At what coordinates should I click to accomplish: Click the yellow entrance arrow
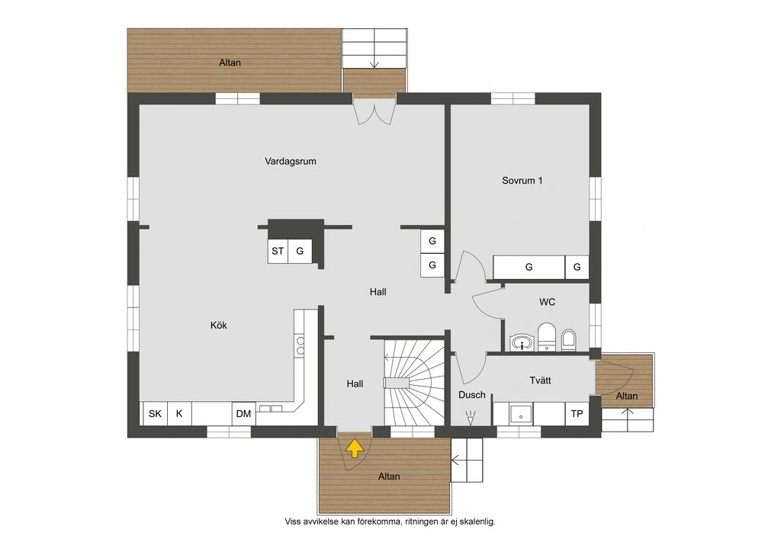point(354,448)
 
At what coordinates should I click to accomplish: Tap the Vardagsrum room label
point(291,162)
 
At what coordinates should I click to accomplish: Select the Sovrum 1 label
point(522,181)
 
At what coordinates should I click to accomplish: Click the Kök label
point(219,325)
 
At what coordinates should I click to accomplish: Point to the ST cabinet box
point(278,252)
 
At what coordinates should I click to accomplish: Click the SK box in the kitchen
point(155,413)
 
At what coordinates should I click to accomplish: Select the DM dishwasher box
point(243,413)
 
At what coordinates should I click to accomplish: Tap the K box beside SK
point(179,413)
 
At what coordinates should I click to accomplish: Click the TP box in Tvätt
point(577,414)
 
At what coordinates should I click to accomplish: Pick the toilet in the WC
point(546,337)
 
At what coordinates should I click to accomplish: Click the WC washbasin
point(522,342)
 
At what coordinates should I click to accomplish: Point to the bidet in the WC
point(568,340)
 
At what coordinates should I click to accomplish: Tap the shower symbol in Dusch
point(470,417)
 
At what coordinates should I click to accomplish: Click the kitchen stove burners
point(301,346)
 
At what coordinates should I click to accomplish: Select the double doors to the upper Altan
point(374,111)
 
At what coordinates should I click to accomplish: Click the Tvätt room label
point(541,380)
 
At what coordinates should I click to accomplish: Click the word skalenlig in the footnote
point(477,522)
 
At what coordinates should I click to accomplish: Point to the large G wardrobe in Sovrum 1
point(529,268)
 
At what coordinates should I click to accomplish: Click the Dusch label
point(471,395)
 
